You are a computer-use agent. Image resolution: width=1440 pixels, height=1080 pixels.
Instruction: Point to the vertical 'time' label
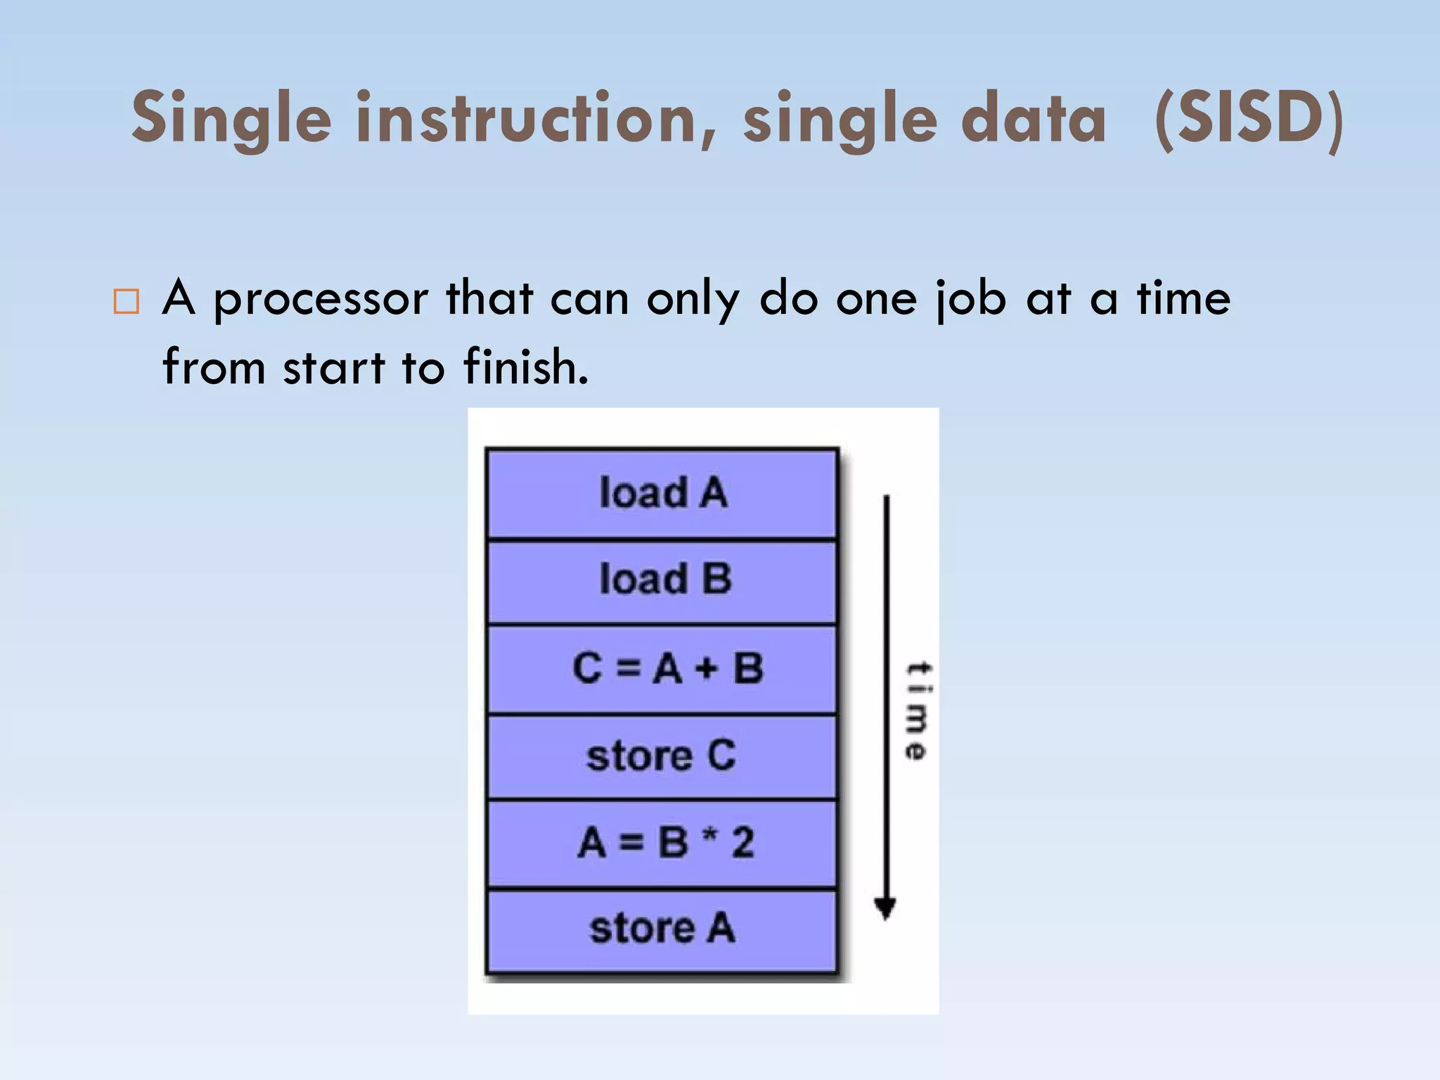pyautogui.click(x=918, y=711)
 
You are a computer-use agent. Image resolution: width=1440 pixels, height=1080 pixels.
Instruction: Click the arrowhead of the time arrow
pyautogui.click(x=885, y=909)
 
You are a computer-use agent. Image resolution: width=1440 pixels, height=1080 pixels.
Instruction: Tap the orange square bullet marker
pyautogui.click(x=126, y=301)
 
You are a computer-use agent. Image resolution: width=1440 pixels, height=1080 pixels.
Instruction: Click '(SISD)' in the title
pyautogui.click(x=1249, y=118)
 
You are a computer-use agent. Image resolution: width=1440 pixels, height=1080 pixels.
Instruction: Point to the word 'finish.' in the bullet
pyautogui.click(x=526, y=367)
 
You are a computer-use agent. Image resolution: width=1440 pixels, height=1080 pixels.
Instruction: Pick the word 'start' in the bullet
pyautogui.click(x=334, y=367)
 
